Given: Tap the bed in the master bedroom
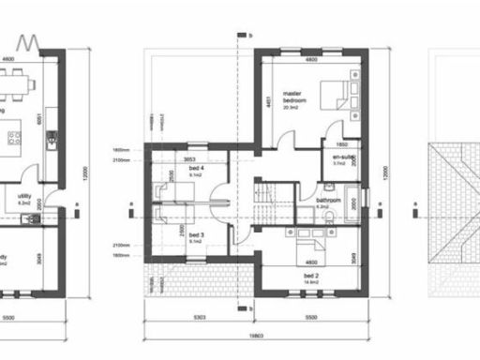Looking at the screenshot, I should pyautogui.click(x=335, y=96).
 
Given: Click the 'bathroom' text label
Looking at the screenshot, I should pyautogui.click(x=328, y=200).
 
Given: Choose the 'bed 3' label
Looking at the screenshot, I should pyautogui.click(x=195, y=235).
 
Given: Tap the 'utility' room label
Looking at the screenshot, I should pyautogui.click(x=25, y=196).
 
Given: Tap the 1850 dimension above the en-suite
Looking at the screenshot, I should pyautogui.click(x=343, y=144).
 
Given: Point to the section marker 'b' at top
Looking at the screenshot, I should pyautogui.click(x=250, y=37).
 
